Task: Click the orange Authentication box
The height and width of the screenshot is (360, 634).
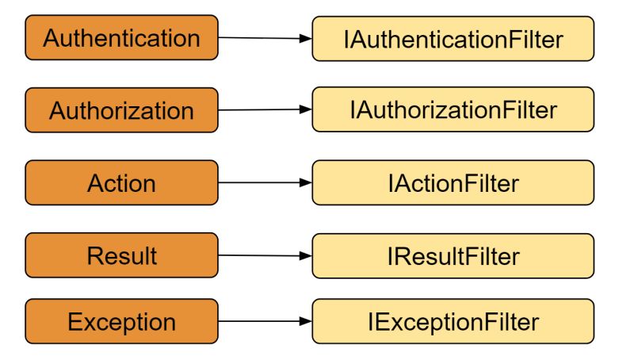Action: (121, 37)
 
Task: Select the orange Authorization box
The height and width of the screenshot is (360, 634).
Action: (121, 110)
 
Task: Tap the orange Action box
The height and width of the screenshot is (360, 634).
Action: (121, 183)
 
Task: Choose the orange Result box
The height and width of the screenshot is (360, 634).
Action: (121, 255)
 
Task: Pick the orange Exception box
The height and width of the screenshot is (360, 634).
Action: (121, 322)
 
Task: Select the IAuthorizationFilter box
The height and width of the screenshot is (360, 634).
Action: (453, 109)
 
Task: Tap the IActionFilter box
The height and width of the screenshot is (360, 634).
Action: (453, 183)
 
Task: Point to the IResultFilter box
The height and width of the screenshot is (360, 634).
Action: (453, 255)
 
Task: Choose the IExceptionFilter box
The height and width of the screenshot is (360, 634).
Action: (453, 322)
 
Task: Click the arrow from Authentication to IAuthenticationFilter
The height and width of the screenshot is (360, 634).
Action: (262, 37)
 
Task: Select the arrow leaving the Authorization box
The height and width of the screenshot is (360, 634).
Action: (262, 109)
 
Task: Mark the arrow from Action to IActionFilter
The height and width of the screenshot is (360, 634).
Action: (262, 183)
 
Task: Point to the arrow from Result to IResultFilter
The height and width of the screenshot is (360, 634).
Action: (262, 255)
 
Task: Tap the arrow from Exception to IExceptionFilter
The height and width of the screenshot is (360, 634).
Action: (262, 322)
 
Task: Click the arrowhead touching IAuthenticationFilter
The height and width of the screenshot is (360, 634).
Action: (306, 38)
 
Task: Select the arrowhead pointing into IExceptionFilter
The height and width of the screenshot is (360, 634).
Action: (306, 322)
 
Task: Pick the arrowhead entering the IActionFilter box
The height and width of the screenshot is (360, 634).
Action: (306, 183)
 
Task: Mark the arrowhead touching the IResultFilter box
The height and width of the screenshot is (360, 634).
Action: (306, 256)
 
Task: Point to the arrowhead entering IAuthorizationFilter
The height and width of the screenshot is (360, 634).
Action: (306, 109)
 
